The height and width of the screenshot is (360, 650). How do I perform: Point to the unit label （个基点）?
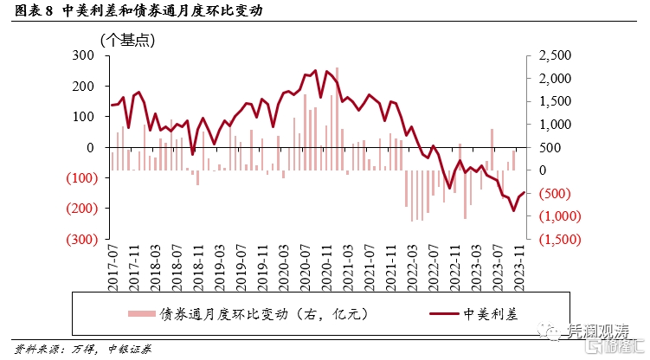pos(127,39)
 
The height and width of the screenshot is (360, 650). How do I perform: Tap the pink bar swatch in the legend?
pos(141,313)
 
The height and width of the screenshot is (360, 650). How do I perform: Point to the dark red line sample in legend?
pos(443,313)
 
